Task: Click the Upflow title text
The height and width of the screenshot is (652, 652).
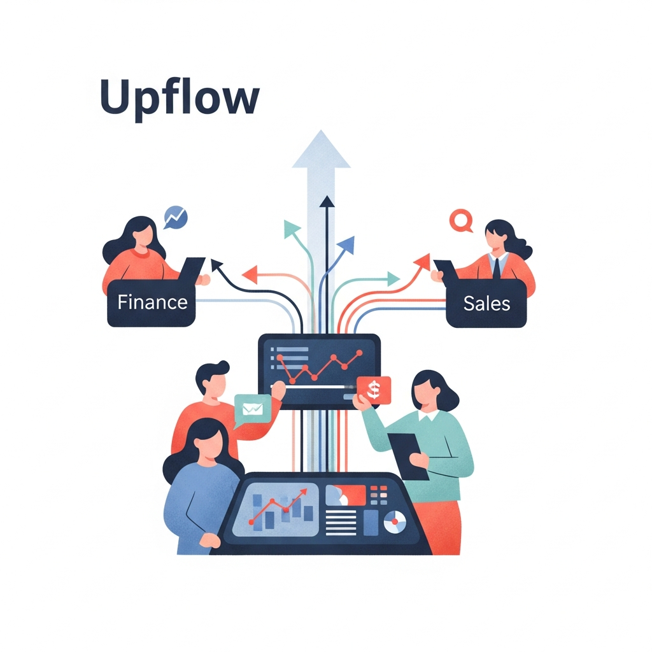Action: (180, 97)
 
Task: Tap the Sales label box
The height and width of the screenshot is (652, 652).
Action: (486, 304)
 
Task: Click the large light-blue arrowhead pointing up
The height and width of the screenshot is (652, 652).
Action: (322, 150)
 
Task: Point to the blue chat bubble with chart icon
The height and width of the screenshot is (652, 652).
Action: (174, 217)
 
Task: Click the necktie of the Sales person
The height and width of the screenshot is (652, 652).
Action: (497, 267)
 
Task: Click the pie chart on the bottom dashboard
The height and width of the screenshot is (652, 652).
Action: (395, 523)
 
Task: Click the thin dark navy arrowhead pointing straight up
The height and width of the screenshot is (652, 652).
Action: (327, 202)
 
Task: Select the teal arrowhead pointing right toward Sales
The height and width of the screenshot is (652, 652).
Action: (393, 278)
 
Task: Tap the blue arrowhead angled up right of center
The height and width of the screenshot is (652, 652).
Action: (347, 244)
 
